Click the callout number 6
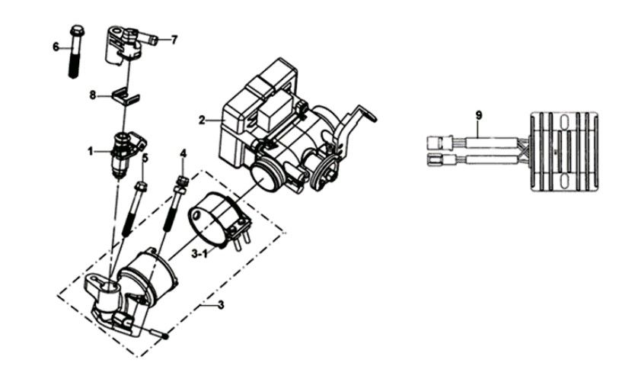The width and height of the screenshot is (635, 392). click(x=56, y=47)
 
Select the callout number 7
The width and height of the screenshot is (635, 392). click(x=174, y=40)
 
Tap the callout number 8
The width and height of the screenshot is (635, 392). click(x=93, y=96)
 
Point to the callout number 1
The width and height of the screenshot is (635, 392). click(x=91, y=152)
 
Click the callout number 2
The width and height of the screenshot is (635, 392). click(x=202, y=120)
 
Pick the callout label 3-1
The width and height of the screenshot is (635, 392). click(x=199, y=254)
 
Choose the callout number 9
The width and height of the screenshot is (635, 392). click(x=479, y=116)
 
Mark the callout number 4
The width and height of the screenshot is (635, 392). click(x=183, y=153)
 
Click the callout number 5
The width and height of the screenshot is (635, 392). click(x=145, y=157)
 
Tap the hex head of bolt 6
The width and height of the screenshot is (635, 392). click(x=77, y=31)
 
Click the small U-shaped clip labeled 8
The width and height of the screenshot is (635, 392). click(x=126, y=97)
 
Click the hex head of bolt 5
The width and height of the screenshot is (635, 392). click(x=141, y=187)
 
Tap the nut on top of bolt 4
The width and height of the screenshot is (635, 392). click(x=183, y=180)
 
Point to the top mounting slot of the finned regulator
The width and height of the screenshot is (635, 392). click(x=563, y=121)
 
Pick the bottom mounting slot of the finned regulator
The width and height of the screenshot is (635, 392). click(x=563, y=181)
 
